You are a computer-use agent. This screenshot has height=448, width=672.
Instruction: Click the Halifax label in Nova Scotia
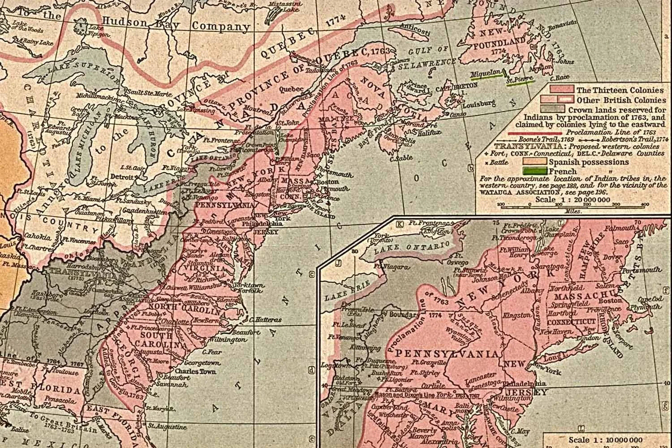pyautogui.click(x=428, y=132)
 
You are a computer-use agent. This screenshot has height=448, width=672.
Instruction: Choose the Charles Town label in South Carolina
pyautogui.click(x=195, y=371)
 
